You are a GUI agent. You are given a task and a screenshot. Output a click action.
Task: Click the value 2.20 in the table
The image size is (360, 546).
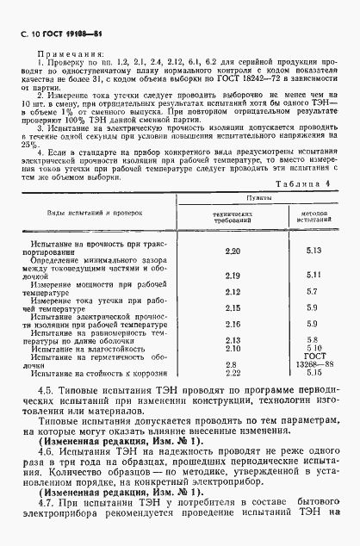click(x=231, y=251)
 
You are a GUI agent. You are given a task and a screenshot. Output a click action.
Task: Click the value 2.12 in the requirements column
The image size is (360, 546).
click(x=231, y=292)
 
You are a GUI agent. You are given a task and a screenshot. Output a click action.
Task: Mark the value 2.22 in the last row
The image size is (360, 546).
click(x=231, y=373)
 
